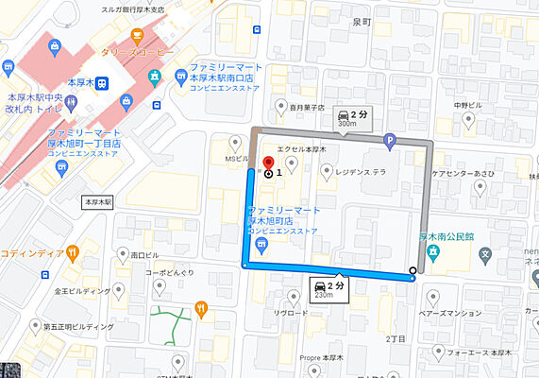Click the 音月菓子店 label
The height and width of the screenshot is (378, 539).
[307, 109]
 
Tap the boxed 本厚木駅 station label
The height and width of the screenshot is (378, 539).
[98, 202]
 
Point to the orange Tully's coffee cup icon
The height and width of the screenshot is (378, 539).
[138, 38]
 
